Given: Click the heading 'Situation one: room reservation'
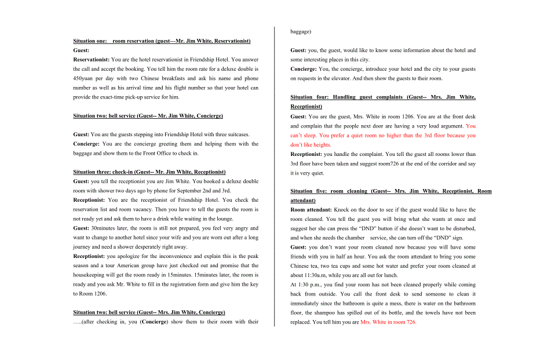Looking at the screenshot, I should coord(162,41).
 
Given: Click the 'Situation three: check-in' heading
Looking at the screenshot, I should coord(149,172).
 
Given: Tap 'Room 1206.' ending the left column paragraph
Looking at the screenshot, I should coord(90,294).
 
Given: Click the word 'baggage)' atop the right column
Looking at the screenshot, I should coord(301,32).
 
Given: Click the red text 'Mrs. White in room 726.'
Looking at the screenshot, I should coord(388,322).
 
